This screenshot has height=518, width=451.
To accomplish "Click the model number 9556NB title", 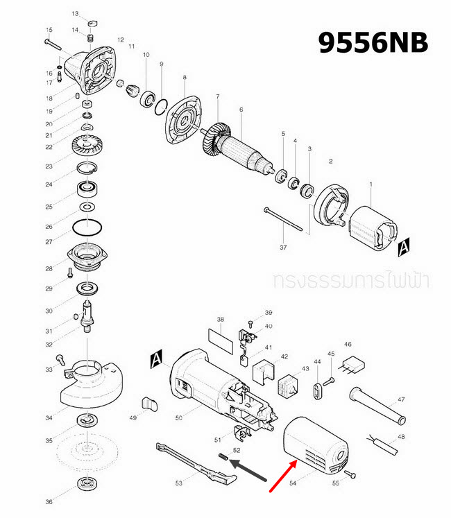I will point(373,42).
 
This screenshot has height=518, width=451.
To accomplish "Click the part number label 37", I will point(283,247).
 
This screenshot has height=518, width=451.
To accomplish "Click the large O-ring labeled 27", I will point(87,227).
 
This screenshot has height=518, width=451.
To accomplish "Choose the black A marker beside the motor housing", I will point(157,359).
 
